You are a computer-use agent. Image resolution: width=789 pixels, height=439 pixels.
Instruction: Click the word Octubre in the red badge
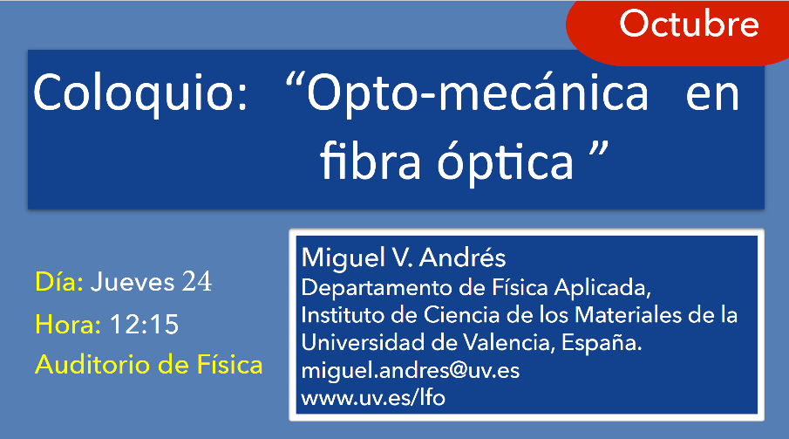tap(689, 24)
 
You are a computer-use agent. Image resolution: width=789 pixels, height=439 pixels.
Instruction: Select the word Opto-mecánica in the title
tap(477, 93)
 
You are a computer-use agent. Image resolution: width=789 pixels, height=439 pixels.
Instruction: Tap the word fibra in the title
tap(370, 161)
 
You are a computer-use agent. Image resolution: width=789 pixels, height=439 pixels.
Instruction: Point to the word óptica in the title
tap(505, 162)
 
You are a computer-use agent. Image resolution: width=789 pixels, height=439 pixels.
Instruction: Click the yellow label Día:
tap(59, 281)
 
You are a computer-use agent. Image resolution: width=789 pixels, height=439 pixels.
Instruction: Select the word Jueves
tap(133, 281)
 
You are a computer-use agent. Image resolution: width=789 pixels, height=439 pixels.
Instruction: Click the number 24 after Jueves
tap(197, 281)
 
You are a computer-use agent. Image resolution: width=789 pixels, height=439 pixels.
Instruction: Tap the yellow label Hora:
tap(68, 324)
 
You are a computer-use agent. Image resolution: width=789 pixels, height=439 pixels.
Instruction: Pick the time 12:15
tap(144, 324)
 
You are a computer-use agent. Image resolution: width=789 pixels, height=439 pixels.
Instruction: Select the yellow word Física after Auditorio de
tap(229, 365)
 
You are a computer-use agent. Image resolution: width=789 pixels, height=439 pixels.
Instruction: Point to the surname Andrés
tap(462, 257)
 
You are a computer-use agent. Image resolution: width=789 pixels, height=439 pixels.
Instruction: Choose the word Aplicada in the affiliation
tap(602, 288)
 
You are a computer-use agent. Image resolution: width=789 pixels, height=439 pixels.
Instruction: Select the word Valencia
tap(509, 343)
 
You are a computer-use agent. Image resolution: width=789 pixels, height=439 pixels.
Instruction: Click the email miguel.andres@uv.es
tap(410, 370)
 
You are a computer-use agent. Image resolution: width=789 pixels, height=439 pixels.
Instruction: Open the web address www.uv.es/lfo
tap(373, 398)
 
